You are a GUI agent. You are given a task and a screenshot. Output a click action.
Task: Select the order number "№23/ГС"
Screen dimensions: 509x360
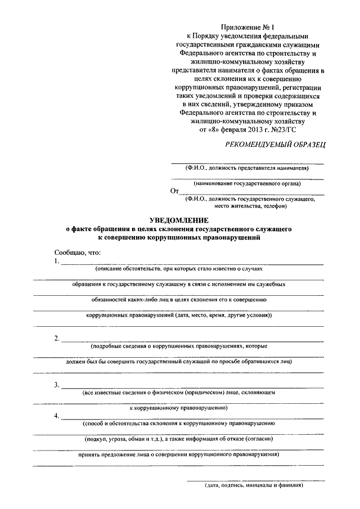[x=282, y=129]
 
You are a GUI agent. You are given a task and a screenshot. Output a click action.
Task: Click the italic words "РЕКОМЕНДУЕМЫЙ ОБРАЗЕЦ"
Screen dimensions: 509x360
[x=275, y=145]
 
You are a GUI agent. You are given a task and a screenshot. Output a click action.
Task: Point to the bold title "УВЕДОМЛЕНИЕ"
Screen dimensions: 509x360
[x=179, y=221]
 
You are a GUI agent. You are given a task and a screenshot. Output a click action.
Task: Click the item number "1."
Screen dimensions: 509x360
[x=57, y=262]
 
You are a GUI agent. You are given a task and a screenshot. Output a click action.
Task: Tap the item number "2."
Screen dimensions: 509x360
[x=57, y=338]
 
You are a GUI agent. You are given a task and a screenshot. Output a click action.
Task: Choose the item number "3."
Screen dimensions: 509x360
[x=57, y=385]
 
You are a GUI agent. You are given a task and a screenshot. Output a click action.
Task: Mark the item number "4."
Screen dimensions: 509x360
[x=57, y=416]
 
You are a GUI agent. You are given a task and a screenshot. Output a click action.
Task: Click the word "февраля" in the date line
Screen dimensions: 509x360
[x=233, y=129]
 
